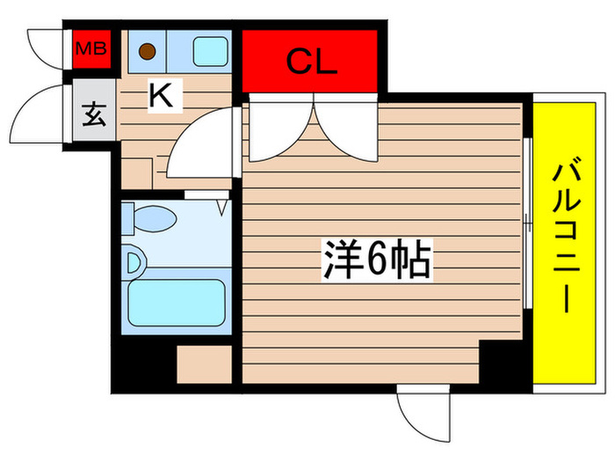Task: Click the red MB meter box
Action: click(x=90, y=49)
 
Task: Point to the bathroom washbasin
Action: click(x=135, y=261)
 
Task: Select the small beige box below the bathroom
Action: click(x=203, y=364)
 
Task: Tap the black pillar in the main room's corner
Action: click(x=504, y=360)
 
